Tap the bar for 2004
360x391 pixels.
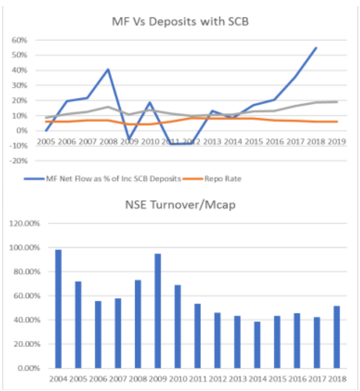click(58, 309)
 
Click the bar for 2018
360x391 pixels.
click(337, 337)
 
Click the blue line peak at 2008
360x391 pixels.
click(108, 69)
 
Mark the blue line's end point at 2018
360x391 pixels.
click(316, 47)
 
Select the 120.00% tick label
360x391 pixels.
click(25, 223)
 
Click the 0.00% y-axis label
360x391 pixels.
click(28, 368)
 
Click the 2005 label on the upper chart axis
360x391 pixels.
click(46, 141)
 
